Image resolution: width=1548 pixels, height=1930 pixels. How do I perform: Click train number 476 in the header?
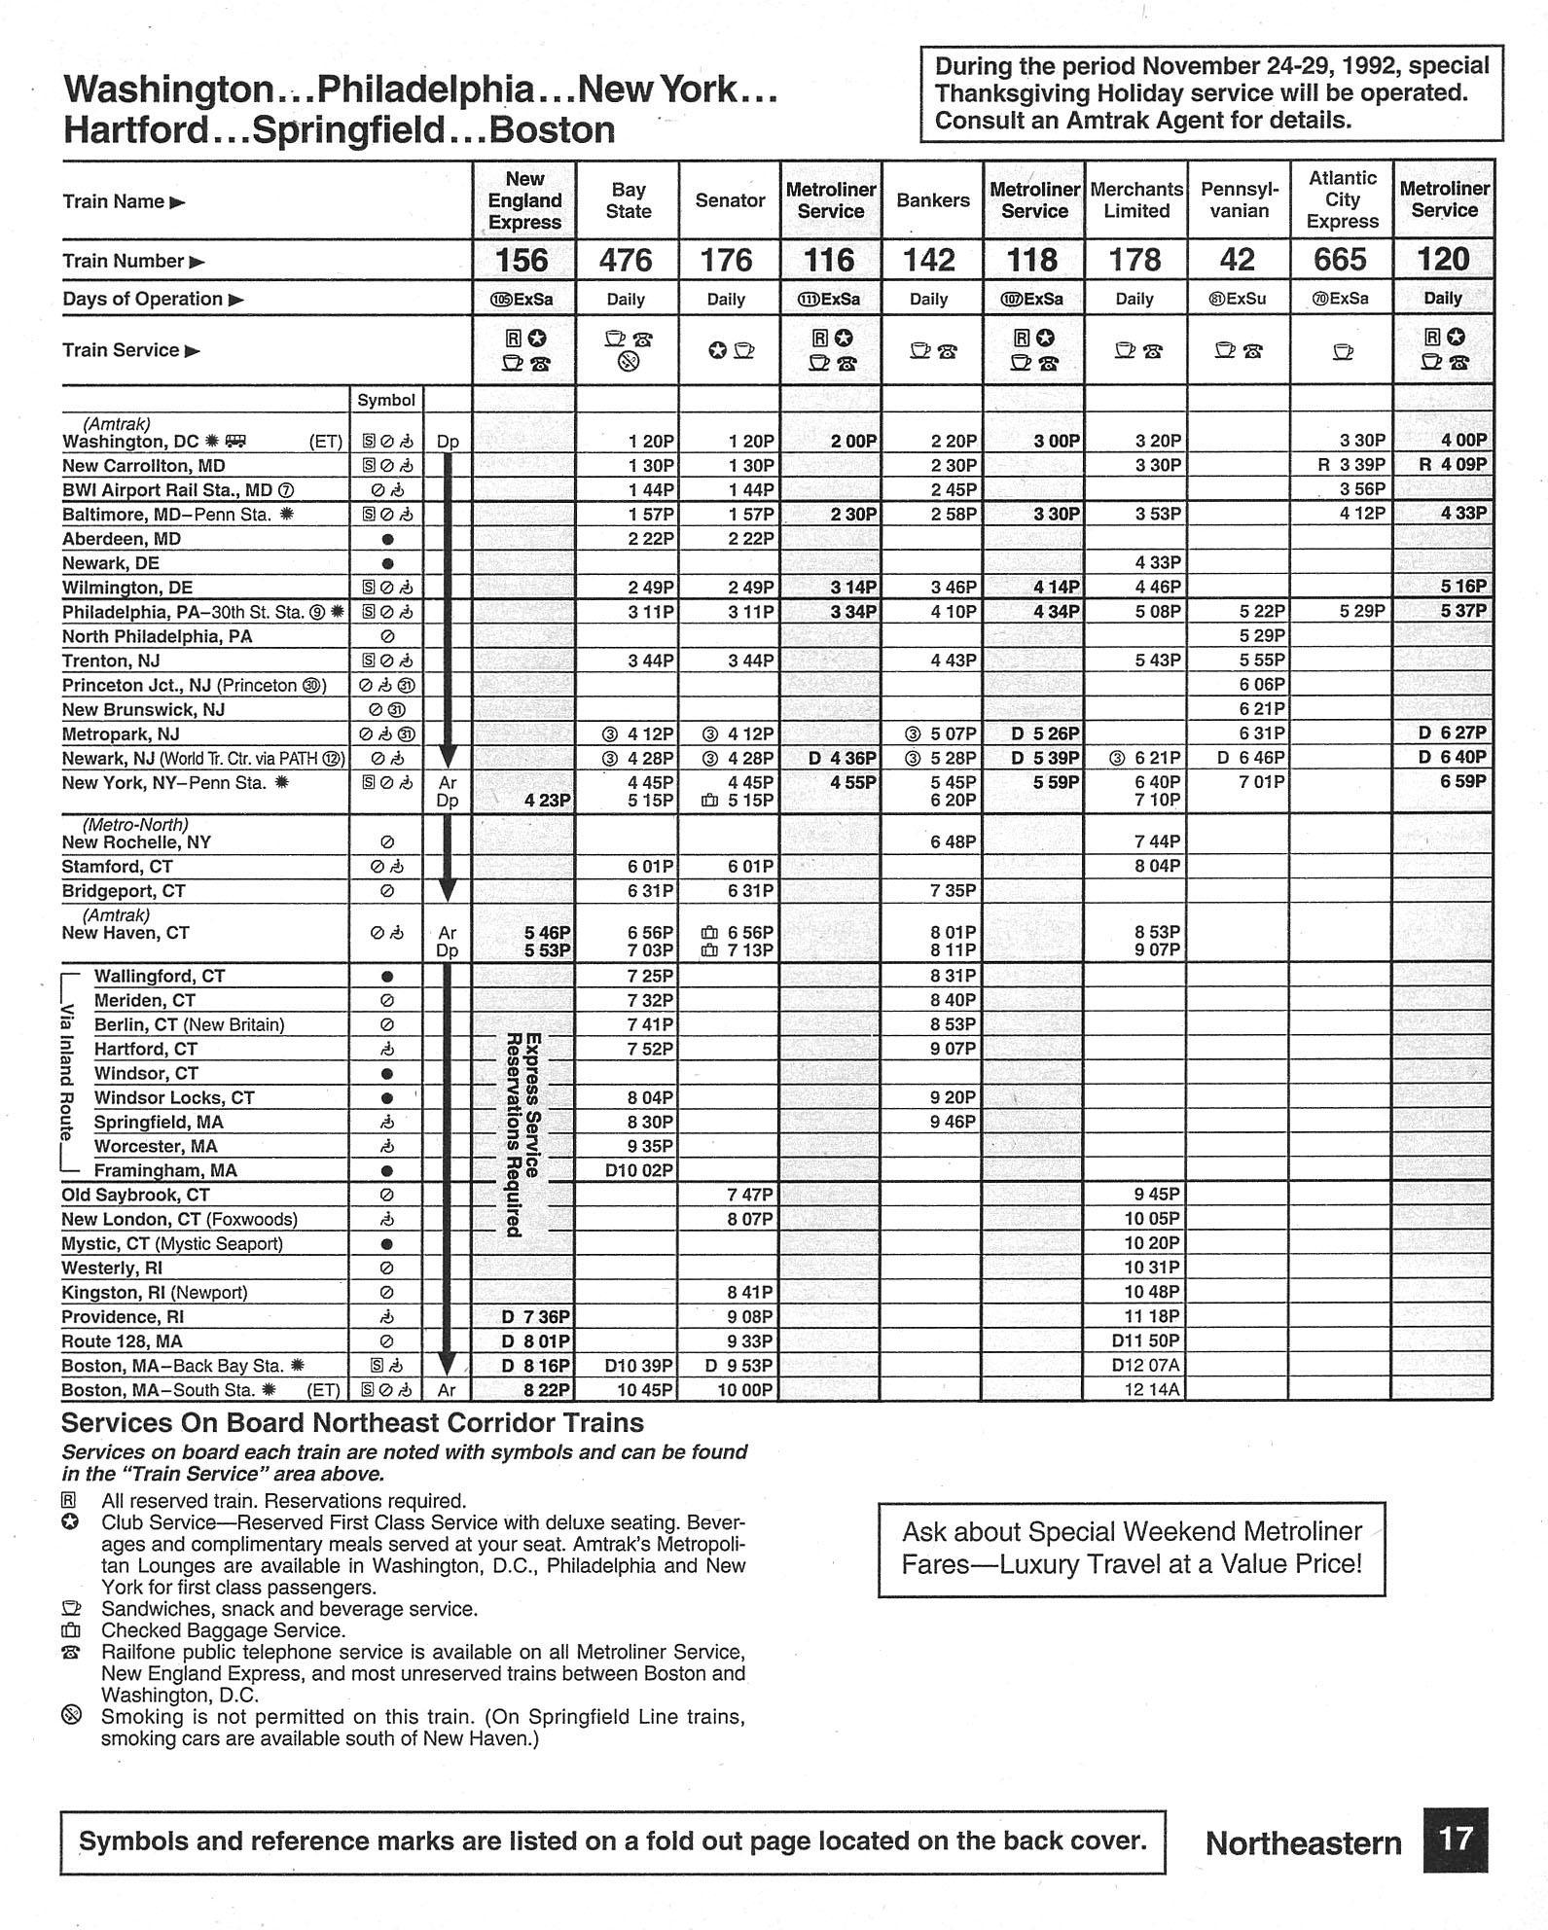(x=626, y=260)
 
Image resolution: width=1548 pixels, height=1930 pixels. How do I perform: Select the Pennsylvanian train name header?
(x=1239, y=199)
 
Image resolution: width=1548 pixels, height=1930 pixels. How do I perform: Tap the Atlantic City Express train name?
(x=1342, y=199)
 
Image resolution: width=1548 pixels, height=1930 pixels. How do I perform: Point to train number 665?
(x=1341, y=260)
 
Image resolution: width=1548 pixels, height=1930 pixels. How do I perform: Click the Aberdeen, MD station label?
(x=122, y=539)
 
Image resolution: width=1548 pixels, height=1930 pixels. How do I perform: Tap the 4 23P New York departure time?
(x=547, y=801)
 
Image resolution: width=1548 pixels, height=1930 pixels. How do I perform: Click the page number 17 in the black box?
(x=1456, y=1840)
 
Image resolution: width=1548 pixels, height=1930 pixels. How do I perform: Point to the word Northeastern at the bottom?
(x=1303, y=1842)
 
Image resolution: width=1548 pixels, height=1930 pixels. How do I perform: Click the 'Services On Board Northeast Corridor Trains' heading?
(x=352, y=1423)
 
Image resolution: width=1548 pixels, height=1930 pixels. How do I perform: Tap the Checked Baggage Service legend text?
(x=223, y=1630)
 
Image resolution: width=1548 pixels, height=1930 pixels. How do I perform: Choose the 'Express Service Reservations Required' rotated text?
(x=523, y=1133)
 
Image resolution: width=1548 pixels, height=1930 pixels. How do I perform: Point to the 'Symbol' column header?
(x=386, y=400)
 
